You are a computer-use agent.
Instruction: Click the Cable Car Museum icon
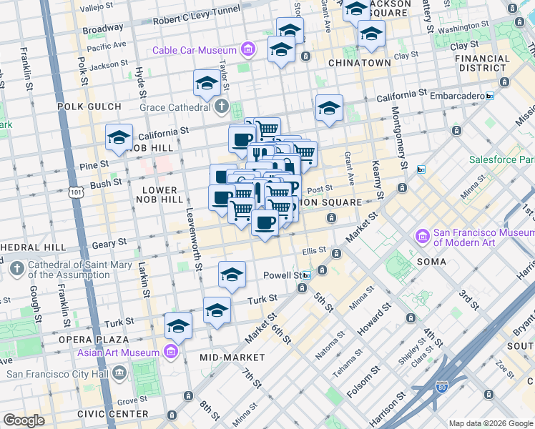pos(247,50)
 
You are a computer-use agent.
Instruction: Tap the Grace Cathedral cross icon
pos(222,108)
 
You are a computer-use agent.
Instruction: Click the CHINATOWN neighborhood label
pos(359,63)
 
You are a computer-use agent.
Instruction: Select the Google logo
pos(24,420)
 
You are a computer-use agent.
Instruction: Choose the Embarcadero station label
pos(451,95)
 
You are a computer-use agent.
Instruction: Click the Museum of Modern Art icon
pos(422,236)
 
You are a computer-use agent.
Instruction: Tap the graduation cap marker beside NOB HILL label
pos(119,138)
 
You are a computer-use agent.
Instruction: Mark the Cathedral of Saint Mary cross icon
pos(17,269)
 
